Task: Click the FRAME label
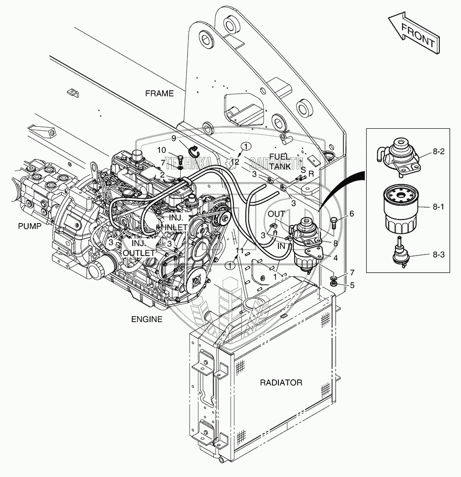159,93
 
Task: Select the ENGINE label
147,319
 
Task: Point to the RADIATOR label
281,382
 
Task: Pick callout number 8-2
438,152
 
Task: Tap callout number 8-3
438,255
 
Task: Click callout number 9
174,138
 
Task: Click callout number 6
351,214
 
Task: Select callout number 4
335,257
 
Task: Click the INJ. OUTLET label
138,248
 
